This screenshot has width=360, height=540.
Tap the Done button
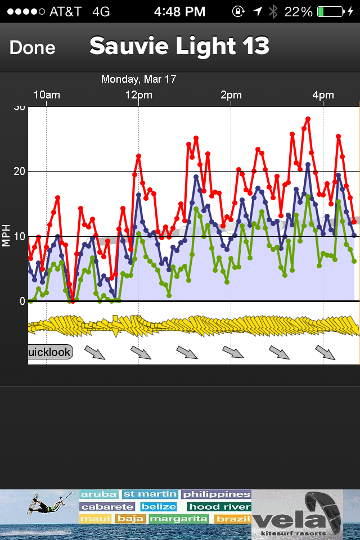pos(32,48)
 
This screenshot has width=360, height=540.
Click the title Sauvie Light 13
pos(179,46)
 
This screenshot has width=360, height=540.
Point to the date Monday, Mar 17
pos(138,79)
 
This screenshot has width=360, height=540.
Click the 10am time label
pos(47,95)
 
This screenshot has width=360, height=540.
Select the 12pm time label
pos(138,95)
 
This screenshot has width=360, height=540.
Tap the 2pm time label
pos(231,95)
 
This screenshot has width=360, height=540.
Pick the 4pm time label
pos(323,95)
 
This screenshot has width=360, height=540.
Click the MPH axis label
pos(7,236)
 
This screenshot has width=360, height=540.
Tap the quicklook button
pos(50,353)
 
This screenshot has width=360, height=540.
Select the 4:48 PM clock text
pos(179,11)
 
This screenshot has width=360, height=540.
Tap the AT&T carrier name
pos(66,11)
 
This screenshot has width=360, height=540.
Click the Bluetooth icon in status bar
pos(273,11)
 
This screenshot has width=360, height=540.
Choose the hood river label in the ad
pos(219,507)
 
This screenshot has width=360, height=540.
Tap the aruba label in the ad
pos(99,495)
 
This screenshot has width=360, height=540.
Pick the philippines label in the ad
pos(216,495)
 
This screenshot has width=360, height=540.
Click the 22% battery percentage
pos(298,11)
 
